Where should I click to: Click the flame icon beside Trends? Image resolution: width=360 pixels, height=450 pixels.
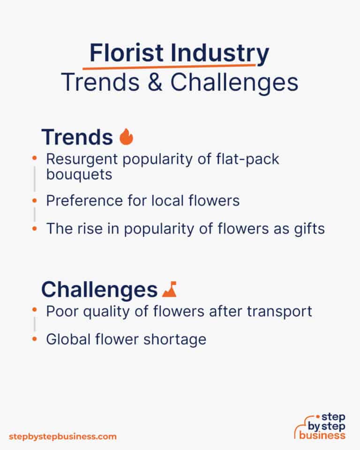[126, 137]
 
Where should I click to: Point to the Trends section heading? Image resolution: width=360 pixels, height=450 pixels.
[77, 137]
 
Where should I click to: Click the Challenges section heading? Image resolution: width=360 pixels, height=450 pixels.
[99, 290]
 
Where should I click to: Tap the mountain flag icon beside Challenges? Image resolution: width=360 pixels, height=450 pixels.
[169, 290]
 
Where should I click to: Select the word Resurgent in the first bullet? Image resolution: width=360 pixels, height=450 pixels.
[80, 159]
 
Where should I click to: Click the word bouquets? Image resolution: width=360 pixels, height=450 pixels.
[79, 174]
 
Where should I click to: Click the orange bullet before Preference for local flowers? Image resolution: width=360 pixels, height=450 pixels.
[34, 201]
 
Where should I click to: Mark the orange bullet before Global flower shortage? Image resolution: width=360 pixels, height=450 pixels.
[34, 339]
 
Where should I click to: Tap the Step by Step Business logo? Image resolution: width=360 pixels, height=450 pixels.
[320, 427]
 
